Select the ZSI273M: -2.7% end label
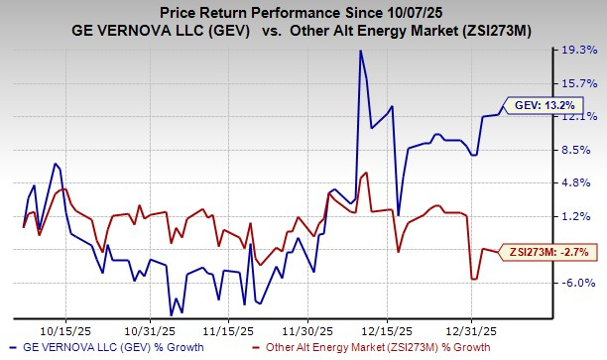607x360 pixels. pos(550,254)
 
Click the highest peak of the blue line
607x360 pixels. pos(360,51)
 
